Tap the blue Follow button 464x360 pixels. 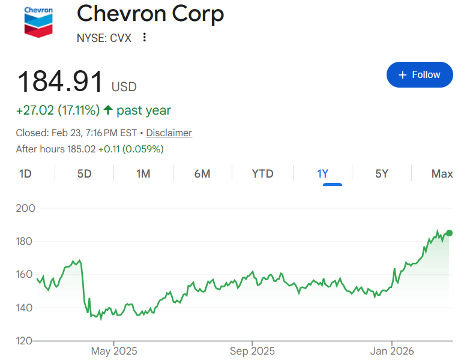click(420, 74)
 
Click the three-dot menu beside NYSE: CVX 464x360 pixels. click(144, 38)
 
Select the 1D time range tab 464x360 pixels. click(25, 174)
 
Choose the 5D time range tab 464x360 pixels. click(84, 174)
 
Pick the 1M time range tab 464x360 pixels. click(143, 174)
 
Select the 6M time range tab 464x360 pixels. click(202, 174)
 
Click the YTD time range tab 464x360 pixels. click(262, 174)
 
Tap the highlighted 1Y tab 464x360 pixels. click(323, 174)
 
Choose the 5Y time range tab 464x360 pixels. click(382, 174)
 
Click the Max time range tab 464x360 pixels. click(442, 174)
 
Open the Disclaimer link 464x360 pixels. click(169, 133)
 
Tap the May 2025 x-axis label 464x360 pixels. click(113, 351)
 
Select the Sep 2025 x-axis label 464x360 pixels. click(252, 351)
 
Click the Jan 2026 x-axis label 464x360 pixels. click(392, 351)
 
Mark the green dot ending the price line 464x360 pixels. click(449, 233)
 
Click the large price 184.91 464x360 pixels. click(60, 82)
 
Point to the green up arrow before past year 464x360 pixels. click(108, 110)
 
